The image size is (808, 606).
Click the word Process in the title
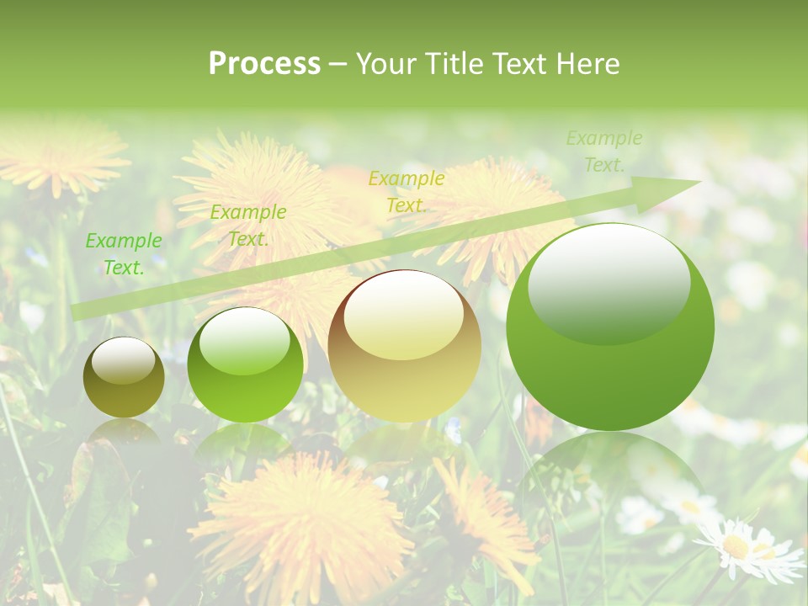click(264, 64)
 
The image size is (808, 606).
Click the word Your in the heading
click(385, 64)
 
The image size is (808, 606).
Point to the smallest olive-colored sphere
click(124, 377)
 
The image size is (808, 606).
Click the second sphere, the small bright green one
click(245, 364)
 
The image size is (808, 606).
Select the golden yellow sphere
click(404, 346)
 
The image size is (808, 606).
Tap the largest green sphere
click(610, 327)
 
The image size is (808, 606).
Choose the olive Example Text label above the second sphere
click(247, 226)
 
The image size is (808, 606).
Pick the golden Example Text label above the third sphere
click(407, 192)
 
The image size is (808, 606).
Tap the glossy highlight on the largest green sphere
click(609, 281)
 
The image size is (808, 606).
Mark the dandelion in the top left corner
click(59, 156)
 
